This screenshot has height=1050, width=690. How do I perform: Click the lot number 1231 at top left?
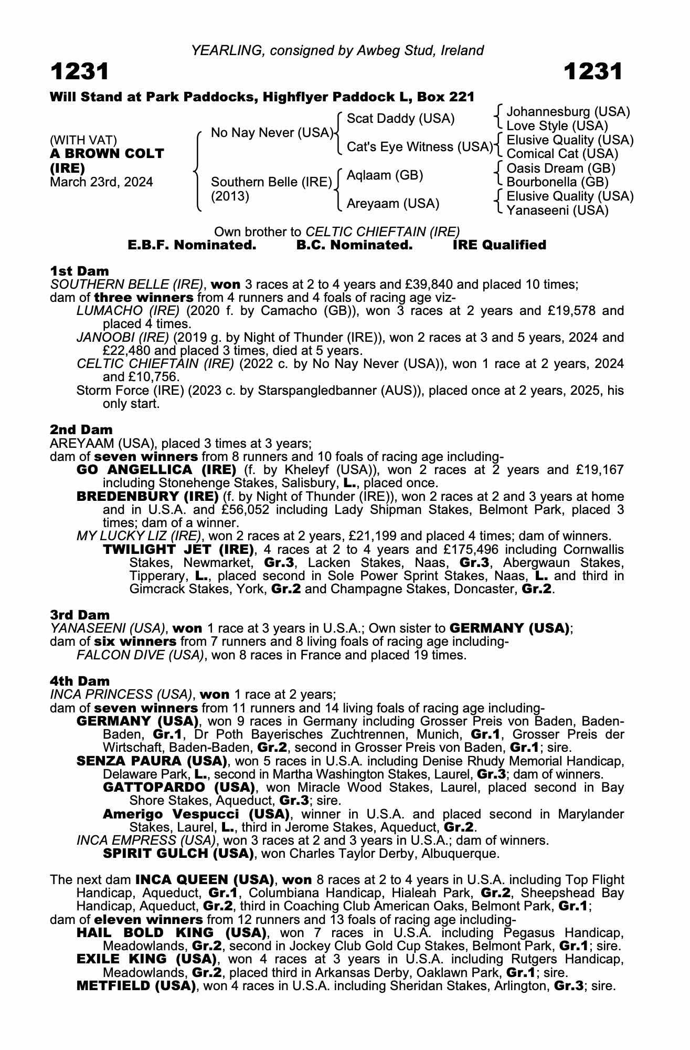(x=80, y=72)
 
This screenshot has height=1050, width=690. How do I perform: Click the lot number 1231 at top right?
(x=593, y=72)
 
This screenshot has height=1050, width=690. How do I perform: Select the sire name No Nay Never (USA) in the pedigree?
(x=272, y=133)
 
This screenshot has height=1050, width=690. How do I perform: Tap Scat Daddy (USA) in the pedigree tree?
(x=401, y=119)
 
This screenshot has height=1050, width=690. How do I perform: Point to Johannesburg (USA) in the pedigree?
(x=568, y=112)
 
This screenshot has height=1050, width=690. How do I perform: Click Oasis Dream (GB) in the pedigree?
(x=561, y=168)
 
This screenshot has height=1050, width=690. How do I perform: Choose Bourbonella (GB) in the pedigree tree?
(x=557, y=182)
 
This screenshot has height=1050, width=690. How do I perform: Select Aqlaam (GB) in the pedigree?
(x=385, y=175)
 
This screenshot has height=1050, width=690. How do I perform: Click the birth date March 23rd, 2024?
(x=101, y=182)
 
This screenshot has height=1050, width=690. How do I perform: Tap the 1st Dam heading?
(x=79, y=271)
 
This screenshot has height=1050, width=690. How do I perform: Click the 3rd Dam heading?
(x=80, y=615)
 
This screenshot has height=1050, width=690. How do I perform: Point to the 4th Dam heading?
(x=80, y=681)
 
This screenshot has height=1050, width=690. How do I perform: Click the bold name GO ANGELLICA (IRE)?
(x=156, y=469)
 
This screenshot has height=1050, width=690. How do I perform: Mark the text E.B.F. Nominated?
(x=192, y=245)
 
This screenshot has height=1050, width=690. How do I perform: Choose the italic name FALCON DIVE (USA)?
(x=140, y=655)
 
